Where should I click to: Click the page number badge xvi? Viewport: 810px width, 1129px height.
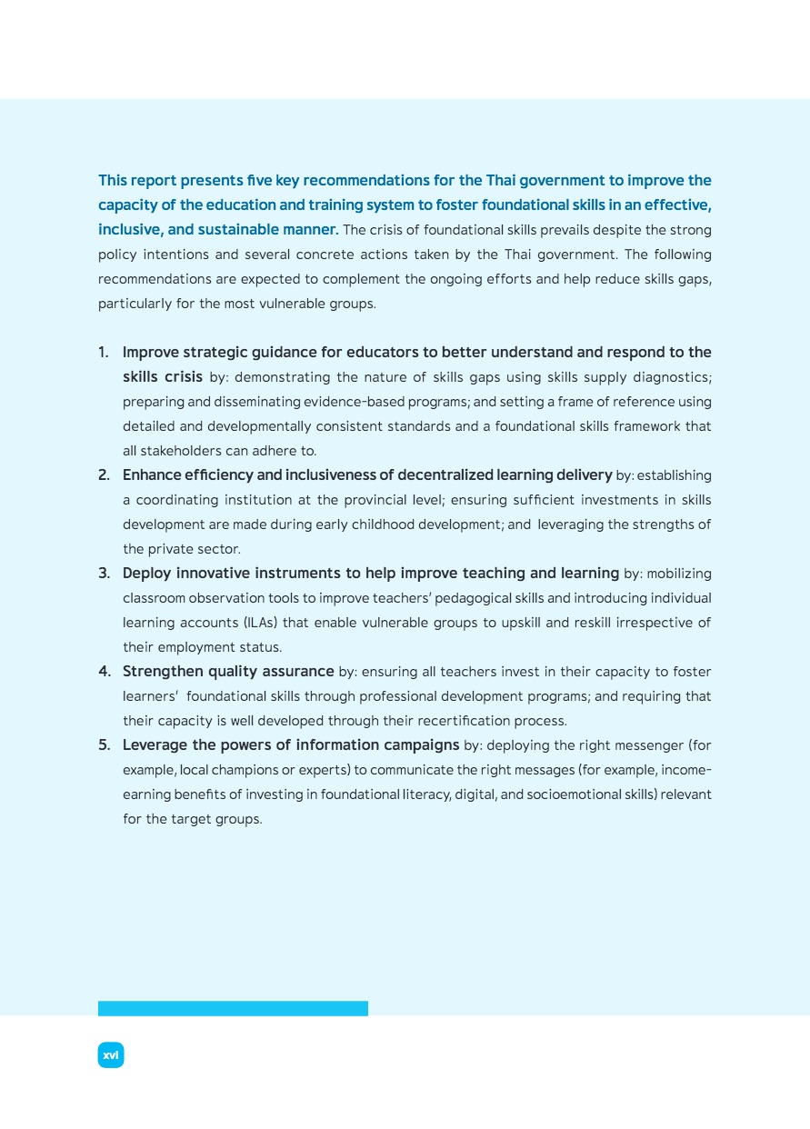click(111, 1054)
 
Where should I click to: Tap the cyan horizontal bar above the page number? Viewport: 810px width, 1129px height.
click(233, 1008)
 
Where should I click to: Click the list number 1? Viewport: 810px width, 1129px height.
click(104, 352)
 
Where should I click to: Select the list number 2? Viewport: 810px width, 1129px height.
click(104, 475)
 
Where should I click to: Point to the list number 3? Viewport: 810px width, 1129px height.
click(104, 573)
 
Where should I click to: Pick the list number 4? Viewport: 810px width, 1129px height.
click(104, 672)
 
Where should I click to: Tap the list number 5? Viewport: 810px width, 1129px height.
click(104, 745)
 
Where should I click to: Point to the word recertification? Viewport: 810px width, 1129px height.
click(444, 721)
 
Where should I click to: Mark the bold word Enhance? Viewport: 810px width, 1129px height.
click(152, 475)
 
